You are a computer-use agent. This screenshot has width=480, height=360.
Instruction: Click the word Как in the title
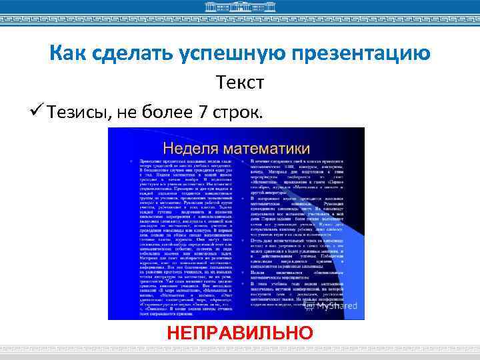coord(66,53)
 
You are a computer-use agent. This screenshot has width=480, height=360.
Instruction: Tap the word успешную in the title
coord(225,53)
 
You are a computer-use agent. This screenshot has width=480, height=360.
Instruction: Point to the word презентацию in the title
coord(360,53)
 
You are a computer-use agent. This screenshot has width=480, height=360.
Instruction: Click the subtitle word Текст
coord(240,83)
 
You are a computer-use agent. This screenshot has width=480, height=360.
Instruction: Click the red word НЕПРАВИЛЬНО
coord(240,333)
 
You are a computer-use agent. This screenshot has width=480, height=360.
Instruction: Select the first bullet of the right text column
coord(244,162)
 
